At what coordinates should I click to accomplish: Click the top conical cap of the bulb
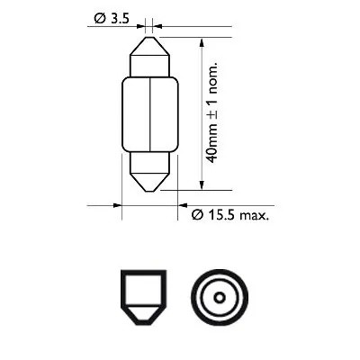tap(148, 56)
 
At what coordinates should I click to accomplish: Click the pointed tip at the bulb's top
tap(148, 38)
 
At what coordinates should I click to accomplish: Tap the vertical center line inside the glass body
tap(148, 117)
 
